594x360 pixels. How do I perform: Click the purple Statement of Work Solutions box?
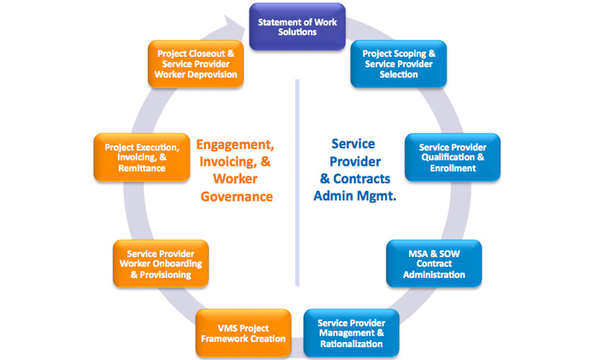click(297, 27)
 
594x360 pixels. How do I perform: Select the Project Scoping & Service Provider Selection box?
click(398, 64)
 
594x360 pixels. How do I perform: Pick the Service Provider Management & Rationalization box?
click(351, 333)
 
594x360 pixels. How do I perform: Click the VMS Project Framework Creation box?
click(242, 333)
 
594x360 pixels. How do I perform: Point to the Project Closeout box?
click(195, 64)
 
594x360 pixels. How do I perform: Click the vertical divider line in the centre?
click(297, 180)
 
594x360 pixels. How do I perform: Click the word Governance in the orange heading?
click(237, 197)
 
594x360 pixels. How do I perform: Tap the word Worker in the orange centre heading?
click(235, 179)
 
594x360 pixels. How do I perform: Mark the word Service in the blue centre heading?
click(354, 144)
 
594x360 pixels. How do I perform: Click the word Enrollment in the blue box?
click(453, 168)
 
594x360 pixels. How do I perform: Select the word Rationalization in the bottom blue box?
click(351, 343)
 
